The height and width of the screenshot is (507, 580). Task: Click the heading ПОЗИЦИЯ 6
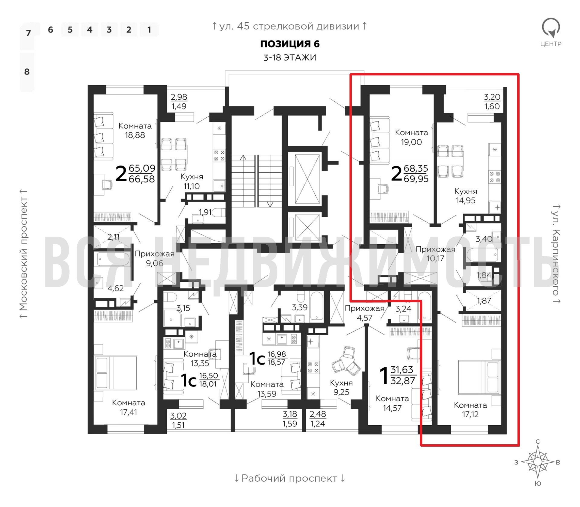coord(289,44)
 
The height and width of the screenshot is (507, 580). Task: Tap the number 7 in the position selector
coord(28,33)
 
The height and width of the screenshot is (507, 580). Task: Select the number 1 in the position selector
coord(149,30)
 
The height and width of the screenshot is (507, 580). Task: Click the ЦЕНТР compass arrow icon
coord(551,28)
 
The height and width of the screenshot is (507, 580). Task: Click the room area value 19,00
coord(411,142)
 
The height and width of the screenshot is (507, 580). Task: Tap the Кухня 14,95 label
coord(465,196)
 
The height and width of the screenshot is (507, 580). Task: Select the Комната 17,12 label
coord(470,410)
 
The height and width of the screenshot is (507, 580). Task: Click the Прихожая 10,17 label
coord(436,253)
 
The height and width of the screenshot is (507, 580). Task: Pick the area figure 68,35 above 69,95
coord(416,168)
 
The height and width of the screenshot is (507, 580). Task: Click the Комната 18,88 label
coord(135,131)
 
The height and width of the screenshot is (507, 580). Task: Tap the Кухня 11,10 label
coord(191,181)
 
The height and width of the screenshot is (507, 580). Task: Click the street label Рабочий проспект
coord(289,478)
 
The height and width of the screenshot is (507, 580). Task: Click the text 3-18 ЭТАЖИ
coord(289,58)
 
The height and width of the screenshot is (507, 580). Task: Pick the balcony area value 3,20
coord(492,97)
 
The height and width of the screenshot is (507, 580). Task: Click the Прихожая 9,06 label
coord(154,258)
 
